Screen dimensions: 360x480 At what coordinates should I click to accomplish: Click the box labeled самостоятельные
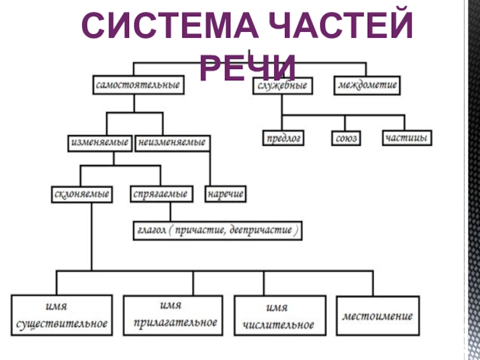pyautogui.click(x=138, y=85)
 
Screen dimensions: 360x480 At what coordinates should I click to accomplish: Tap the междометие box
pyautogui.click(x=368, y=85)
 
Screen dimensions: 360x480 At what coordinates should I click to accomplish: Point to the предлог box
pyautogui.click(x=283, y=138)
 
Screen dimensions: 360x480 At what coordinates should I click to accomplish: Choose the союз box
pyautogui.click(x=346, y=138)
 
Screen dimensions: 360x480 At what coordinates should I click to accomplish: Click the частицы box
pyautogui.click(x=406, y=138)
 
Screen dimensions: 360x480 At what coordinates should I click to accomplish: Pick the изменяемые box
pyautogui.click(x=100, y=143)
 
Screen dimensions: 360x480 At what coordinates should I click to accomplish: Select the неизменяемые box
pyautogui.click(x=172, y=143)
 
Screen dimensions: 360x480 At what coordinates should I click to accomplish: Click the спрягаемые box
pyautogui.click(x=160, y=194)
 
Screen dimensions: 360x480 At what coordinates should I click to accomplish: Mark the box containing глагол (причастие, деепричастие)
pyautogui.click(x=217, y=230)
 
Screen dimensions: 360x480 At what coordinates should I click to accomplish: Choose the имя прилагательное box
pyautogui.click(x=171, y=316)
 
